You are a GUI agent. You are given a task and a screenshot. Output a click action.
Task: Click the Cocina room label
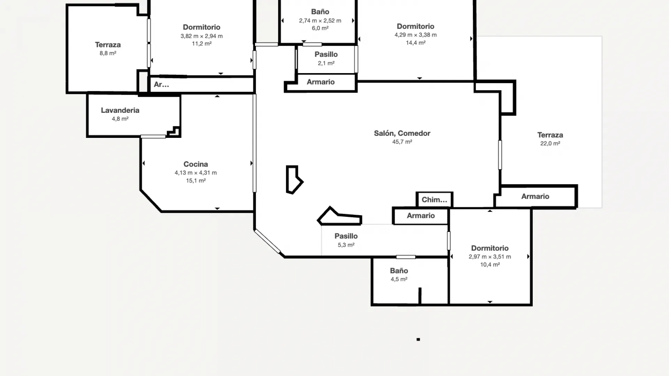195,164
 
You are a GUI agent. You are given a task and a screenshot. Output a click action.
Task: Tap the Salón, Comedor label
402,133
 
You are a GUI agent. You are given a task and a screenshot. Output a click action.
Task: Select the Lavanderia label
120,110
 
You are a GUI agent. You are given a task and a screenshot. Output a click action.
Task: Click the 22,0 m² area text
550,143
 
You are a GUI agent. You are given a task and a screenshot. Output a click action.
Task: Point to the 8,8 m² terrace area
108,53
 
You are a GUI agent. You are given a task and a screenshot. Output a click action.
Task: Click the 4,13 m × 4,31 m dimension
195,173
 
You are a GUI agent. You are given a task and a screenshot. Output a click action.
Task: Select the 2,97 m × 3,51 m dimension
490,257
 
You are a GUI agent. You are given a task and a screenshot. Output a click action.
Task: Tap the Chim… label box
434,200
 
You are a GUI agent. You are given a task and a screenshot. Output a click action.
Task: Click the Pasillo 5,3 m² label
346,236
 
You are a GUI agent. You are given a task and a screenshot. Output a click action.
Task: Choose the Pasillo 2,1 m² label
326,55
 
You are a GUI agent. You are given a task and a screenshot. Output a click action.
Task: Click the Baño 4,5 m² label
399,271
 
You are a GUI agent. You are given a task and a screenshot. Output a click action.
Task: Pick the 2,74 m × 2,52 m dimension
320,21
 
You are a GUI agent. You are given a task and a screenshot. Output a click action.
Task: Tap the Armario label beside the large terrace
535,196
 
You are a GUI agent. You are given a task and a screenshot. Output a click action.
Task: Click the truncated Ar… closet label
161,85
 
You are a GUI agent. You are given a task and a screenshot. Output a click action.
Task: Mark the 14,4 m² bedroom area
415,43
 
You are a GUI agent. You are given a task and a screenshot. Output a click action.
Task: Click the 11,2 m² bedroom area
201,44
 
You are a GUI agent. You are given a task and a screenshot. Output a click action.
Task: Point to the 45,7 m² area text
402,142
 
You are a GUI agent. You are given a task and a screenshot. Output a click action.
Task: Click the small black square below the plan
418,339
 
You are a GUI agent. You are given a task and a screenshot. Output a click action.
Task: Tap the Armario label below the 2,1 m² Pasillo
321,82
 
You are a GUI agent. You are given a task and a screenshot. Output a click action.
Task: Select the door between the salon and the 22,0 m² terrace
500,155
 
